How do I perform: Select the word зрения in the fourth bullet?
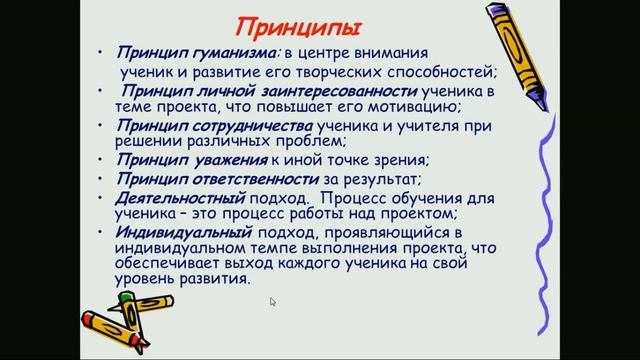[x=396, y=161]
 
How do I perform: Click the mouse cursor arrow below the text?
[x=273, y=301]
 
